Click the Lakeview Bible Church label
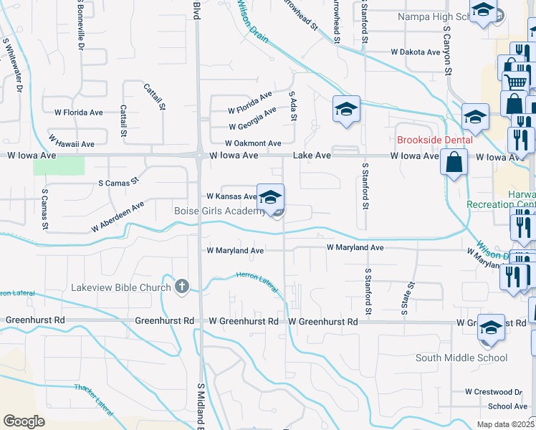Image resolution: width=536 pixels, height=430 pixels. tap(121, 287)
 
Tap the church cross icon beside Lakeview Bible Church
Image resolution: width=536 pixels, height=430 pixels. tap(182, 287)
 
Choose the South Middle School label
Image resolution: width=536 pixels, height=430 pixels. tap(461, 358)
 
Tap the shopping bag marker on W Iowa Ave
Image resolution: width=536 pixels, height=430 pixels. tap(454, 162)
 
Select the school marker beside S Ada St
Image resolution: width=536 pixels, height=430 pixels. tap(346, 110)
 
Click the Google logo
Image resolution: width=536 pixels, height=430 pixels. tap(24, 421)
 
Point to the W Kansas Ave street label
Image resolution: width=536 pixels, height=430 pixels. tap(231, 196)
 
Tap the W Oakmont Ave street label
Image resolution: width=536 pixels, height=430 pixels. tap(252, 143)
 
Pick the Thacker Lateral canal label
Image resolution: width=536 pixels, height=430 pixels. tap(93, 398)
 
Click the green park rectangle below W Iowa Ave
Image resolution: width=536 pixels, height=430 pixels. tap(59, 166)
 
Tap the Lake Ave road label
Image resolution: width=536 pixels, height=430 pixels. tap(312, 155)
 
